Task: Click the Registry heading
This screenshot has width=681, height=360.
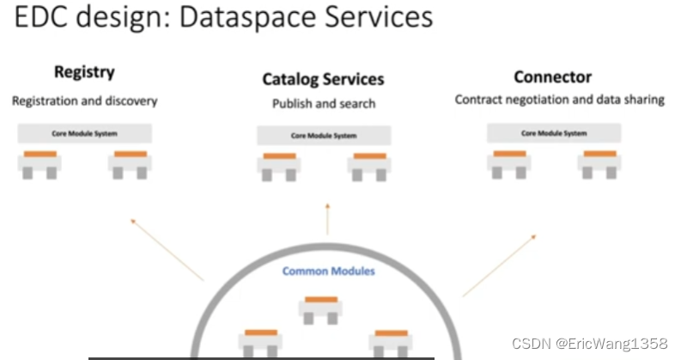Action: tap(84, 73)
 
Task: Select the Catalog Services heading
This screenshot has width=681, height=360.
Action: tap(323, 80)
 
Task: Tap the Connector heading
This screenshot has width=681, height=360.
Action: tap(552, 77)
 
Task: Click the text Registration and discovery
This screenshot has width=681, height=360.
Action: tap(84, 101)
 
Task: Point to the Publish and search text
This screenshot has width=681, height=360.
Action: tap(324, 104)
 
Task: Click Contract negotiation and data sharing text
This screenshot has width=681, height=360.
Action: tap(559, 100)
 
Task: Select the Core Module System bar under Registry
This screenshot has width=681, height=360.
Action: tap(85, 133)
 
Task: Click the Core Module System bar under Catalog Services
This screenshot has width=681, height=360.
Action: tap(324, 136)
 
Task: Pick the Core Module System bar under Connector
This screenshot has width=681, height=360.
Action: tap(553, 133)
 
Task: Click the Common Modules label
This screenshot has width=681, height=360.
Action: tap(329, 272)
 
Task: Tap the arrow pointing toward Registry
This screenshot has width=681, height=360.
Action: tap(167, 249)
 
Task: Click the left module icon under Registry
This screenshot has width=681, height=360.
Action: tap(40, 162)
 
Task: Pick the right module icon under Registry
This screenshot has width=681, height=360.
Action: tap(130, 162)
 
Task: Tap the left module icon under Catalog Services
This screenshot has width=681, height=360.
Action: tap(279, 165)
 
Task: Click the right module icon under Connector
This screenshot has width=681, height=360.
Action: tap(599, 162)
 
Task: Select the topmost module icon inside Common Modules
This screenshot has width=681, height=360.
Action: tap(320, 308)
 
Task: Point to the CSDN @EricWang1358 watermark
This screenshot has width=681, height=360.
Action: tap(589, 344)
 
